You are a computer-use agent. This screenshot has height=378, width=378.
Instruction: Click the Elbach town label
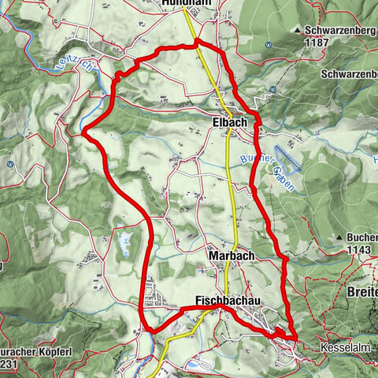pyautogui.click(x=230, y=123)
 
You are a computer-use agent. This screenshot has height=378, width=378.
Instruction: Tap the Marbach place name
pyautogui.click(x=230, y=257)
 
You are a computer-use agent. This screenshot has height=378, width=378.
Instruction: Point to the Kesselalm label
pyautogui.click(x=344, y=346)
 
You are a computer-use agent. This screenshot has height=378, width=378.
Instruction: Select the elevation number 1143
pyautogui.click(x=358, y=249)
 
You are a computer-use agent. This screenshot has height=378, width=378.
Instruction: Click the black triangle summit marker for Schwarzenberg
pyautogui.click(x=298, y=31)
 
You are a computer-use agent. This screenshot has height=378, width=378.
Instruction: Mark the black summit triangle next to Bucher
pyautogui.click(x=339, y=237)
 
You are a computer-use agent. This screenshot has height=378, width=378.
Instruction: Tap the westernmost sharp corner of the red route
pyautogui.click(x=83, y=132)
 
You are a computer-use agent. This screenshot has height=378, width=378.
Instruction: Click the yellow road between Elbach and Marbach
pyautogui.click(x=229, y=189)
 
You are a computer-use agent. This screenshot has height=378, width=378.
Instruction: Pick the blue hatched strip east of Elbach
pyautogui.click(x=287, y=160)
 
